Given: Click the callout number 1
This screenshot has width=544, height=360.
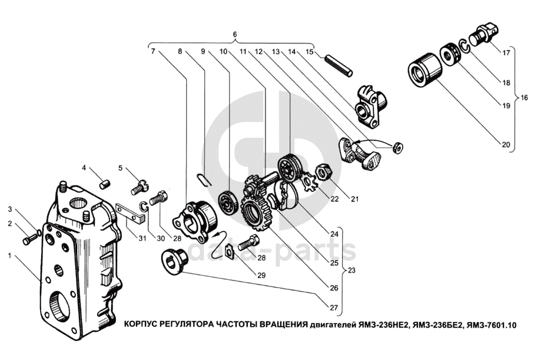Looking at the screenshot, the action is (9, 255).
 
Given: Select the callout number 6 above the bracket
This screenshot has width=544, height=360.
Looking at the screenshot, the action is (235, 35).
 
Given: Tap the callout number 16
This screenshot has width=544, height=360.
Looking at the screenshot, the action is (526, 97).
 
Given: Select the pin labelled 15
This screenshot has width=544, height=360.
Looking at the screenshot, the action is (340, 62).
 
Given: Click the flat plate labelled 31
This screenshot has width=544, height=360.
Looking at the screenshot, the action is (130, 213).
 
